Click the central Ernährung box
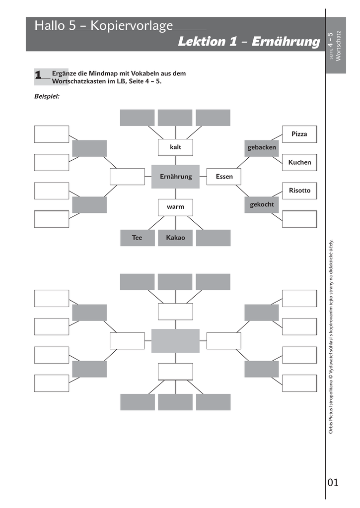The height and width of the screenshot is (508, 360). [x=175, y=177]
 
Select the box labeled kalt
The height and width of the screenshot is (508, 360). [x=175, y=147]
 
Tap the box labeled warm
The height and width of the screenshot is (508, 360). [x=175, y=207]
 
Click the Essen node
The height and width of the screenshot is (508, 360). [x=224, y=177]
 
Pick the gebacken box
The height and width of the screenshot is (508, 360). [x=262, y=148]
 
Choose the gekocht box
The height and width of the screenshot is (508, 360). [x=262, y=204]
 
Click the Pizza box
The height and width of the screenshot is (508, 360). [x=299, y=134]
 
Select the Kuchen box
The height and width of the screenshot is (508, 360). [x=299, y=162]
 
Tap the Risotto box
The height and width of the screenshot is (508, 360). [x=299, y=190]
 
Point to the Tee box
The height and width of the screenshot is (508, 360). [x=137, y=238]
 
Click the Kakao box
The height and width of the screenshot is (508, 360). [x=175, y=238]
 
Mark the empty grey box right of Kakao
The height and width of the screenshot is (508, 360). [x=213, y=238]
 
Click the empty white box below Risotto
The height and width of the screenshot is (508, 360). [x=299, y=219]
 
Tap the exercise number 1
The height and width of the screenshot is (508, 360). [x=38, y=75]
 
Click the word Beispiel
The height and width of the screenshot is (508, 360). [x=47, y=97]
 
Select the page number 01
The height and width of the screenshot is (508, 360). [x=333, y=482]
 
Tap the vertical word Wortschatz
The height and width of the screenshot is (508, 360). [x=339, y=46]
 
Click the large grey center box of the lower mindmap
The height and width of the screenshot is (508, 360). [x=175, y=341]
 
